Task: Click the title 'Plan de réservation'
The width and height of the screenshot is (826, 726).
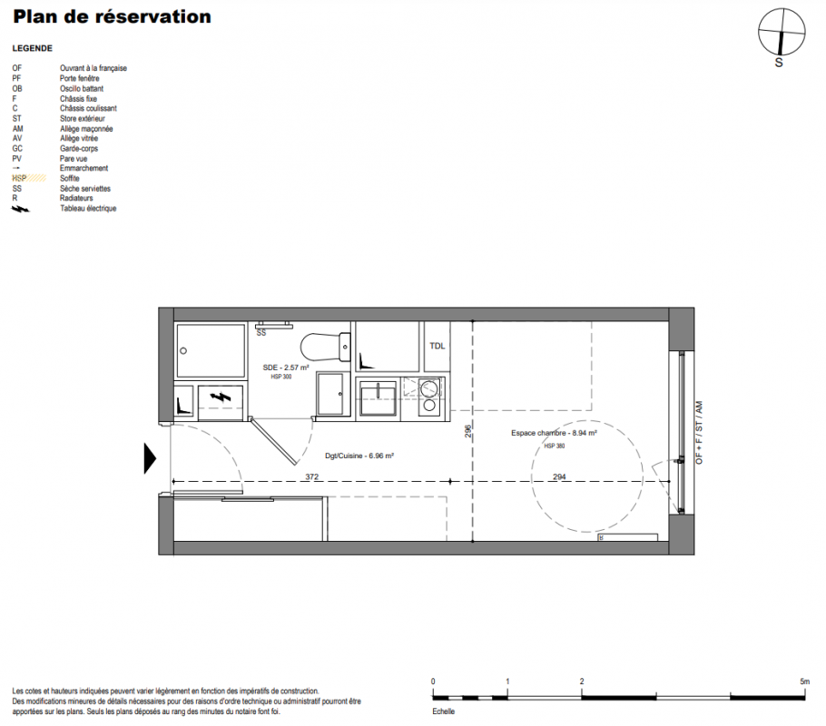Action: (112, 17)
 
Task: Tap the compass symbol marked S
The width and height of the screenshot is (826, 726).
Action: (782, 32)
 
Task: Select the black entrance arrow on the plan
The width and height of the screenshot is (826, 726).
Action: (150, 458)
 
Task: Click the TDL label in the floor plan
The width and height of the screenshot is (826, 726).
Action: (438, 346)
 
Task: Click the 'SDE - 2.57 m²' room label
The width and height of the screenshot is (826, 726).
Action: (286, 368)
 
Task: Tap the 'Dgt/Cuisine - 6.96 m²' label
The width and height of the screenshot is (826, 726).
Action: (359, 456)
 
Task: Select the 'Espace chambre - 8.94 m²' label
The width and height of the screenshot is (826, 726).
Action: (554, 433)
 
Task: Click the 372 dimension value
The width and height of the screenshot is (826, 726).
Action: (312, 476)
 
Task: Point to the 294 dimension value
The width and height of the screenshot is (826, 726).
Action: (559, 476)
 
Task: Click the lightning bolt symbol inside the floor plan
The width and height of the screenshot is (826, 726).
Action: (221, 397)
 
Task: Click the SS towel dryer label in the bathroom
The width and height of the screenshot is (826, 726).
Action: (261, 333)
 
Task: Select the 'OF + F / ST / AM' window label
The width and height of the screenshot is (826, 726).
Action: (699, 433)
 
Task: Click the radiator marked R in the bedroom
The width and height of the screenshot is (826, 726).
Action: (627, 537)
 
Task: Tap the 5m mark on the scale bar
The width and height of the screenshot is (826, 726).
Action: (804, 682)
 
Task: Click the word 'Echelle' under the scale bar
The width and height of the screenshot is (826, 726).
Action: (443, 711)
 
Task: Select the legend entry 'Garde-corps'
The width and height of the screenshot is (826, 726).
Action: (78, 149)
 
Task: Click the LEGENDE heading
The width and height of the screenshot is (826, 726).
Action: (32, 48)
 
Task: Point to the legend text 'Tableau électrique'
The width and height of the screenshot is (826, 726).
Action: (88, 209)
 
